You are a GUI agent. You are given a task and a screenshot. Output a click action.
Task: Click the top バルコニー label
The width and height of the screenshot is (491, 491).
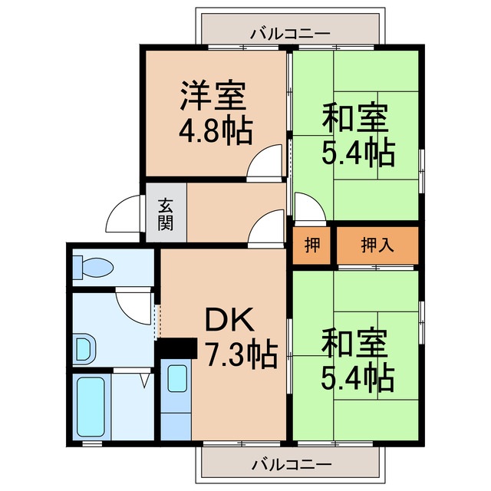click(x=291, y=33)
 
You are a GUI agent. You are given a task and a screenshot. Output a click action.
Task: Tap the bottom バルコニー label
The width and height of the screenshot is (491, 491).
click(x=291, y=465)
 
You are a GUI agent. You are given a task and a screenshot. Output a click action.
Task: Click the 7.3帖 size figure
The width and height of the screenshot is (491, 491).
click(x=239, y=354)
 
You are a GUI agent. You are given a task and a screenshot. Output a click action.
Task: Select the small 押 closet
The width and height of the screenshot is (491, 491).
click(x=312, y=245)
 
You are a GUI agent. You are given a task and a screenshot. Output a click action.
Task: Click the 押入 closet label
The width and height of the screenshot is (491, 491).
click(x=377, y=245)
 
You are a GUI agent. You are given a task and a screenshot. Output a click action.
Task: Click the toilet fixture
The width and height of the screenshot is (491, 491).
click(x=93, y=268)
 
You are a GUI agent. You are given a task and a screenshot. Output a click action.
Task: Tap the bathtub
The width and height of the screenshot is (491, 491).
click(x=90, y=407)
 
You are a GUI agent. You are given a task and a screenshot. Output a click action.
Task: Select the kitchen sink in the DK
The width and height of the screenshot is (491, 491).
click(x=177, y=378)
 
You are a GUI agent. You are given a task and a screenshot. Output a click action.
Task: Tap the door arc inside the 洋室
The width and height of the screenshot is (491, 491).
click(x=269, y=163)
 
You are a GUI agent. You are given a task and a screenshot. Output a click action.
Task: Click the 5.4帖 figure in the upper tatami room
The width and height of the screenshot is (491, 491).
click(x=358, y=152)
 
